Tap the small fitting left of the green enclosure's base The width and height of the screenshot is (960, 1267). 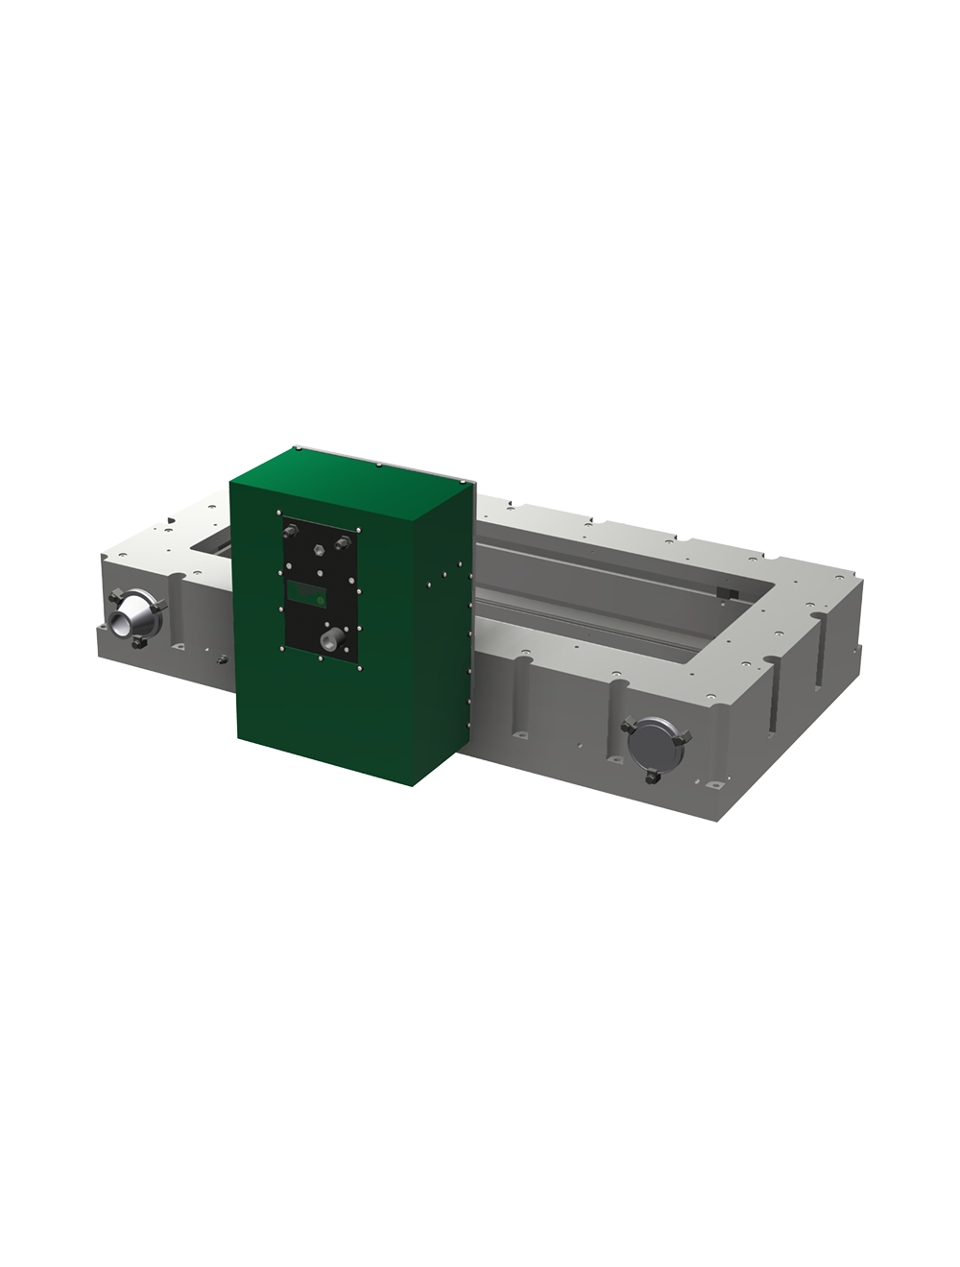tap(222, 660)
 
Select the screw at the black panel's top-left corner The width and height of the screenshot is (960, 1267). tap(278, 512)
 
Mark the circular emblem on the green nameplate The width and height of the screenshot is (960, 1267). tap(321, 596)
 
